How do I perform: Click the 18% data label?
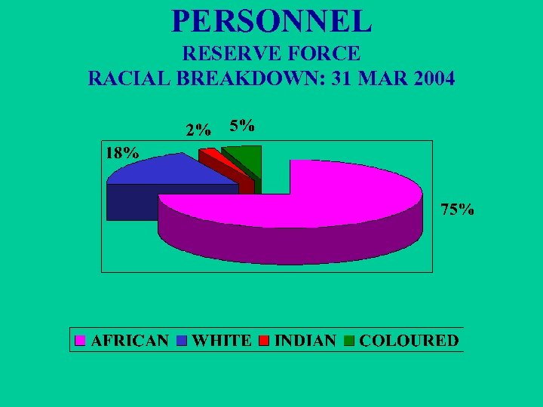point(121,152)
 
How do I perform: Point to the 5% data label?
point(241,126)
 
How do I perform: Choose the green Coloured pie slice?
point(245,156)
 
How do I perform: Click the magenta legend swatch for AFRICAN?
point(81,341)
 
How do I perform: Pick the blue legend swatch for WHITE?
point(183,341)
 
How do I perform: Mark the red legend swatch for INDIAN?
point(265,341)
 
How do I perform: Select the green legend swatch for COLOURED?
point(349,341)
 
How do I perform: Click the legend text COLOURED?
point(409,341)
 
